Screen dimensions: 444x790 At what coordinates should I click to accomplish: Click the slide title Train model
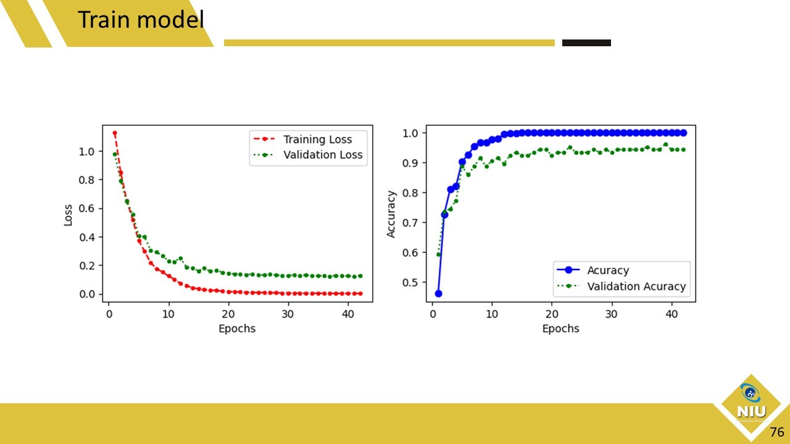click(140, 20)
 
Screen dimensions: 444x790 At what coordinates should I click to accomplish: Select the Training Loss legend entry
click(317, 139)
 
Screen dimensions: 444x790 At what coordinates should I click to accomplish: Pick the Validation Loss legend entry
click(322, 155)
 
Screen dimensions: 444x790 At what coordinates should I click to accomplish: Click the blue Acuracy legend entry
click(608, 270)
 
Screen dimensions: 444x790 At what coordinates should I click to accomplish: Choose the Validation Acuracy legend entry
click(636, 286)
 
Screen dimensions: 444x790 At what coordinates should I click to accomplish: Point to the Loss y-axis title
click(69, 215)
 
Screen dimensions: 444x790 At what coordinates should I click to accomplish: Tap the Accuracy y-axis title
click(391, 214)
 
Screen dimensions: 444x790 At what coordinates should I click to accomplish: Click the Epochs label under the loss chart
click(237, 329)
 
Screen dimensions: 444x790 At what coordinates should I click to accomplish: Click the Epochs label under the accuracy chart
click(560, 329)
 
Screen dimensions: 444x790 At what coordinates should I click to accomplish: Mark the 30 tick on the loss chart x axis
click(288, 313)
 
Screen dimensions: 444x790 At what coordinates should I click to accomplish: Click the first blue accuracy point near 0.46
click(438, 294)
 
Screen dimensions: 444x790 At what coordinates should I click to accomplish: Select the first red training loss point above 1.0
click(114, 133)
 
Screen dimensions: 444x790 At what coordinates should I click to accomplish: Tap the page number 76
click(776, 431)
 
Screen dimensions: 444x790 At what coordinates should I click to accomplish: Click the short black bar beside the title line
click(586, 43)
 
